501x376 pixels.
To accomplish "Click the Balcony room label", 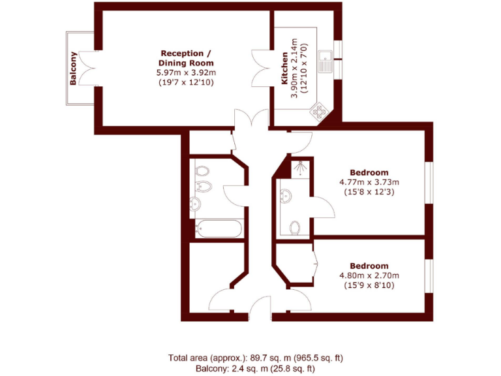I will point(74,69).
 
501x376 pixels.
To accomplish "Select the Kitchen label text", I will point(284,69).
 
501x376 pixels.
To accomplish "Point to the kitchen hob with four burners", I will point(319,112).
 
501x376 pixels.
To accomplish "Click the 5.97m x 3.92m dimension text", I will point(186,72).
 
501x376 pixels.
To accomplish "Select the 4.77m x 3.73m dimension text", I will point(369,182).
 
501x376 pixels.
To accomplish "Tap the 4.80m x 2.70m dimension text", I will point(369,275).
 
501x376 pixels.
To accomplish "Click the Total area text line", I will point(256,358).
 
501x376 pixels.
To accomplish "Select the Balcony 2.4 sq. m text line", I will point(256,369).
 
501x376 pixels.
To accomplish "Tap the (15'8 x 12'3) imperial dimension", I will point(369,192).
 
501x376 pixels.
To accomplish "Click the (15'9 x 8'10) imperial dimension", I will point(369,285).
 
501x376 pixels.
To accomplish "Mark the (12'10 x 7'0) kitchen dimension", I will point(304,69).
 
